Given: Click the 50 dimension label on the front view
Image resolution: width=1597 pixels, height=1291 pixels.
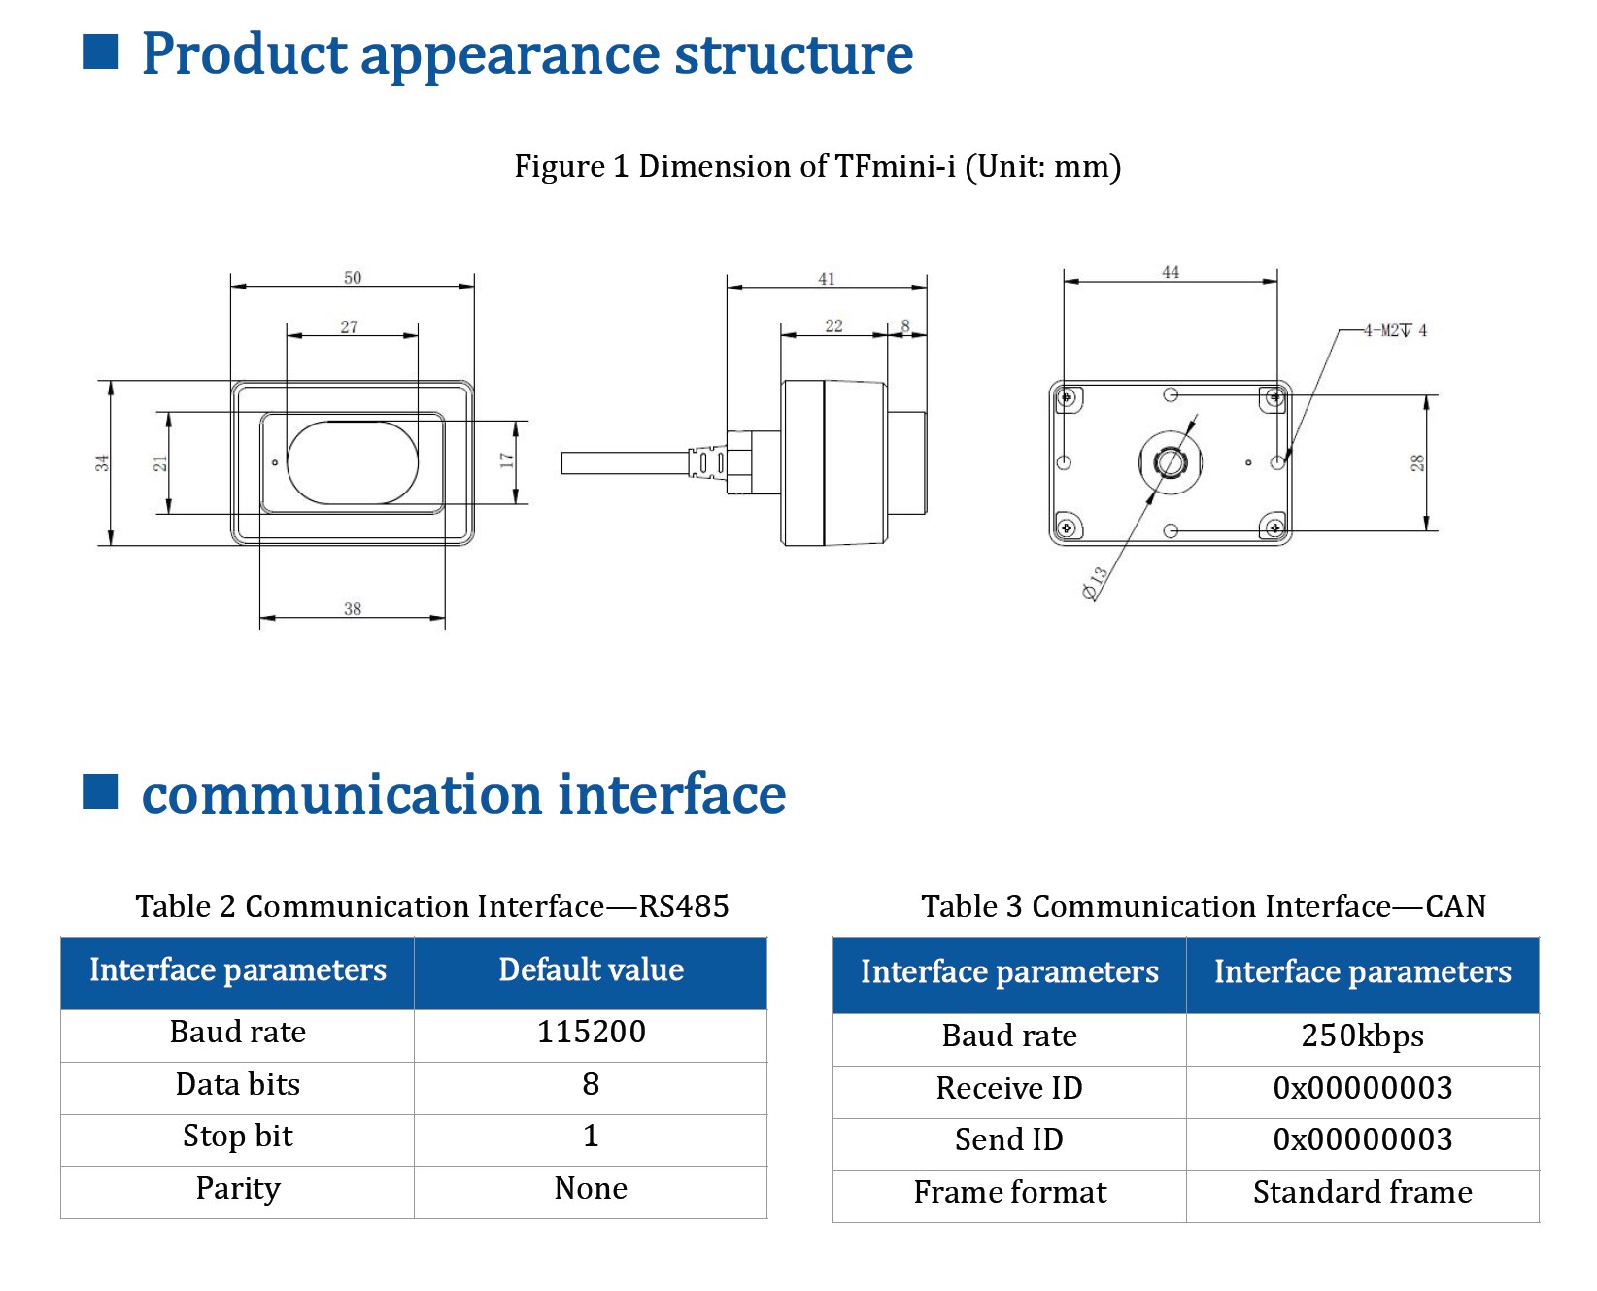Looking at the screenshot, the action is pyautogui.click(x=353, y=277).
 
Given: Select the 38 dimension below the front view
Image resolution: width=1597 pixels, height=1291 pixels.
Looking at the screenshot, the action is pyautogui.click(x=353, y=608).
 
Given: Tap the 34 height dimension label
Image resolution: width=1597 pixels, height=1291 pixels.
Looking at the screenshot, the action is pyautogui.click(x=102, y=463).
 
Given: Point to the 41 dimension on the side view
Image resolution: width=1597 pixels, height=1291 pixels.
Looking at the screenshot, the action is pyautogui.click(x=827, y=278).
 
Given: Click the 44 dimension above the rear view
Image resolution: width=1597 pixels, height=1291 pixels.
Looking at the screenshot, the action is pyautogui.click(x=1171, y=272).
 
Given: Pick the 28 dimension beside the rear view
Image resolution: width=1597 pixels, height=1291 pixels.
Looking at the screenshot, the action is pyautogui.click(x=1417, y=463).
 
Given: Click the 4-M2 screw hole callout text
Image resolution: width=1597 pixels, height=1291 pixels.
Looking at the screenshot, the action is pyautogui.click(x=1395, y=330).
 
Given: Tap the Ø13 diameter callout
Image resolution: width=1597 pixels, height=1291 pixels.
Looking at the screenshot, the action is pyautogui.click(x=1095, y=583).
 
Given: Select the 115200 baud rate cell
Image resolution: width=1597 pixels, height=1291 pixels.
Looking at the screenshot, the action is pyautogui.click(x=591, y=1032).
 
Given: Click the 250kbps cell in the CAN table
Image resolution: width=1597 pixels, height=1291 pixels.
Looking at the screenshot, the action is pyautogui.click(x=1362, y=1036).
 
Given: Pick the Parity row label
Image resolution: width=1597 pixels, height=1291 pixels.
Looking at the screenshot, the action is pyautogui.click(x=238, y=1189).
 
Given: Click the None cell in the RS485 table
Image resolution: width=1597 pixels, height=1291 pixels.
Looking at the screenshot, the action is pyautogui.click(x=591, y=1188).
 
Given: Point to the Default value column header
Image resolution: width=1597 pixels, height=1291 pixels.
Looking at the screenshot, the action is pyautogui.click(x=591, y=969).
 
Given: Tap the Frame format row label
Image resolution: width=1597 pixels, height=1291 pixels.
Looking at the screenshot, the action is pyautogui.click(x=1010, y=1192).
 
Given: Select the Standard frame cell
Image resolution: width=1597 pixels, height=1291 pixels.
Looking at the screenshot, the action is pyautogui.click(x=1362, y=1192).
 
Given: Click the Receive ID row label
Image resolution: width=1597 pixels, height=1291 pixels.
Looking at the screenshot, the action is pyautogui.click(x=1009, y=1088).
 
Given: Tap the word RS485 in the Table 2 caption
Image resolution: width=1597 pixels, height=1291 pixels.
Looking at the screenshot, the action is pyautogui.click(x=684, y=906).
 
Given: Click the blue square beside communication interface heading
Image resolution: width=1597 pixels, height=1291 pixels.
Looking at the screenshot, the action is pyautogui.click(x=100, y=792).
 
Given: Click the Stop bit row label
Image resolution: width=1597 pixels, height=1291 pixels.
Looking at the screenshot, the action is pyautogui.click(x=238, y=1137).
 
